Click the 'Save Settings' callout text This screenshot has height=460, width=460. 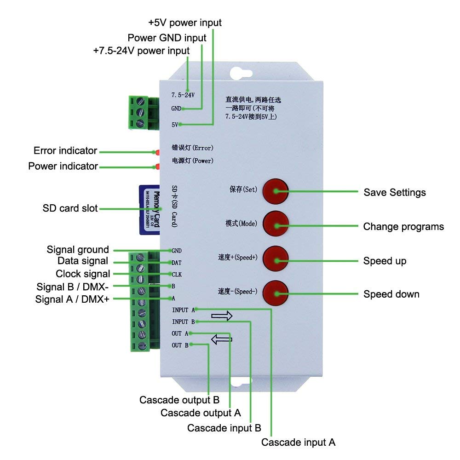(394, 192)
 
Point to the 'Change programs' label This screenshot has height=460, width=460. (403, 226)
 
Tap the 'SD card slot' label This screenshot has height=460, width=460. (70, 208)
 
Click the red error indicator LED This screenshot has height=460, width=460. (157, 151)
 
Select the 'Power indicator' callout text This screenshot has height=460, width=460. (63, 166)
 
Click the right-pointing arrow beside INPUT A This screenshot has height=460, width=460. (222, 316)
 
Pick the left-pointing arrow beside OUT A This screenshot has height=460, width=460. (222, 339)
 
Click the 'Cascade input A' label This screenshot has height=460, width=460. (298, 443)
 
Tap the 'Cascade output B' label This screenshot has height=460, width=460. (179, 399)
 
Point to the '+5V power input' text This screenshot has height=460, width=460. (185, 23)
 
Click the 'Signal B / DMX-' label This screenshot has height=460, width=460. (72, 287)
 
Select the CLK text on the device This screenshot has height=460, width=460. (177, 274)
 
